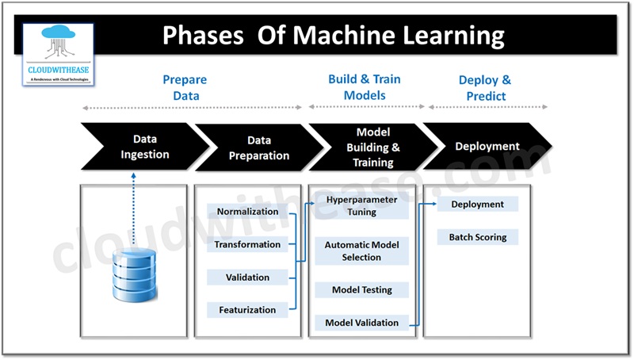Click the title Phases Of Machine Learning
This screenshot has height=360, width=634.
click(334, 36)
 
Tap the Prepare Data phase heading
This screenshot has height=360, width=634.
click(184, 88)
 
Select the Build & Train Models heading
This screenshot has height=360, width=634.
click(364, 86)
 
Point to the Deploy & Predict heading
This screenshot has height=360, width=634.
click(484, 88)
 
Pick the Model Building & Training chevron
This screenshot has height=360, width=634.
click(372, 147)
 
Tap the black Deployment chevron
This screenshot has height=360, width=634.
click(487, 147)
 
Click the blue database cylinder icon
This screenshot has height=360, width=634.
click(133, 274)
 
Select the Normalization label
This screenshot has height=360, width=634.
click(247, 212)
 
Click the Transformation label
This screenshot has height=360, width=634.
click(247, 245)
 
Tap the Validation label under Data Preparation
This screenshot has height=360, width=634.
click(247, 278)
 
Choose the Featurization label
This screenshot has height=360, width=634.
click(247, 310)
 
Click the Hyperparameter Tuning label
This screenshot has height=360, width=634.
click(361, 206)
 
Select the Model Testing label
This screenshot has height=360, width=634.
click(361, 290)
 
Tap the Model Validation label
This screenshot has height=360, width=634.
click(361, 323)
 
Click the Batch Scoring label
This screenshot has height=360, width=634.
click(477, 237)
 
